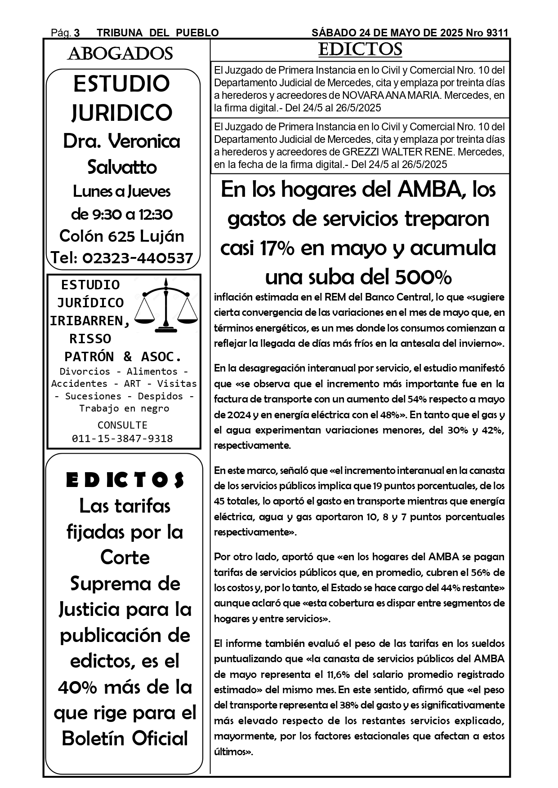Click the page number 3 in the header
(77, 33)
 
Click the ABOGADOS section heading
(120, 54)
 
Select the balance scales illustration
(167, 306)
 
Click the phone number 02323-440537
(138, 258)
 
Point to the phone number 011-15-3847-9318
(122, 438)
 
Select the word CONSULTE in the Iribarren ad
(122, 425)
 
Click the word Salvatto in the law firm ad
(122, 167)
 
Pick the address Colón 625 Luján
(122, 236)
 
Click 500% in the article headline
(423, 278)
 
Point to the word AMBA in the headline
(430, 190)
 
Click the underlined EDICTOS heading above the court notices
(360, 49)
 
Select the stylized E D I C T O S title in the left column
(125, 480)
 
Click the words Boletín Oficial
(125, 739)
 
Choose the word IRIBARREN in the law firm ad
(90, 321)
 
